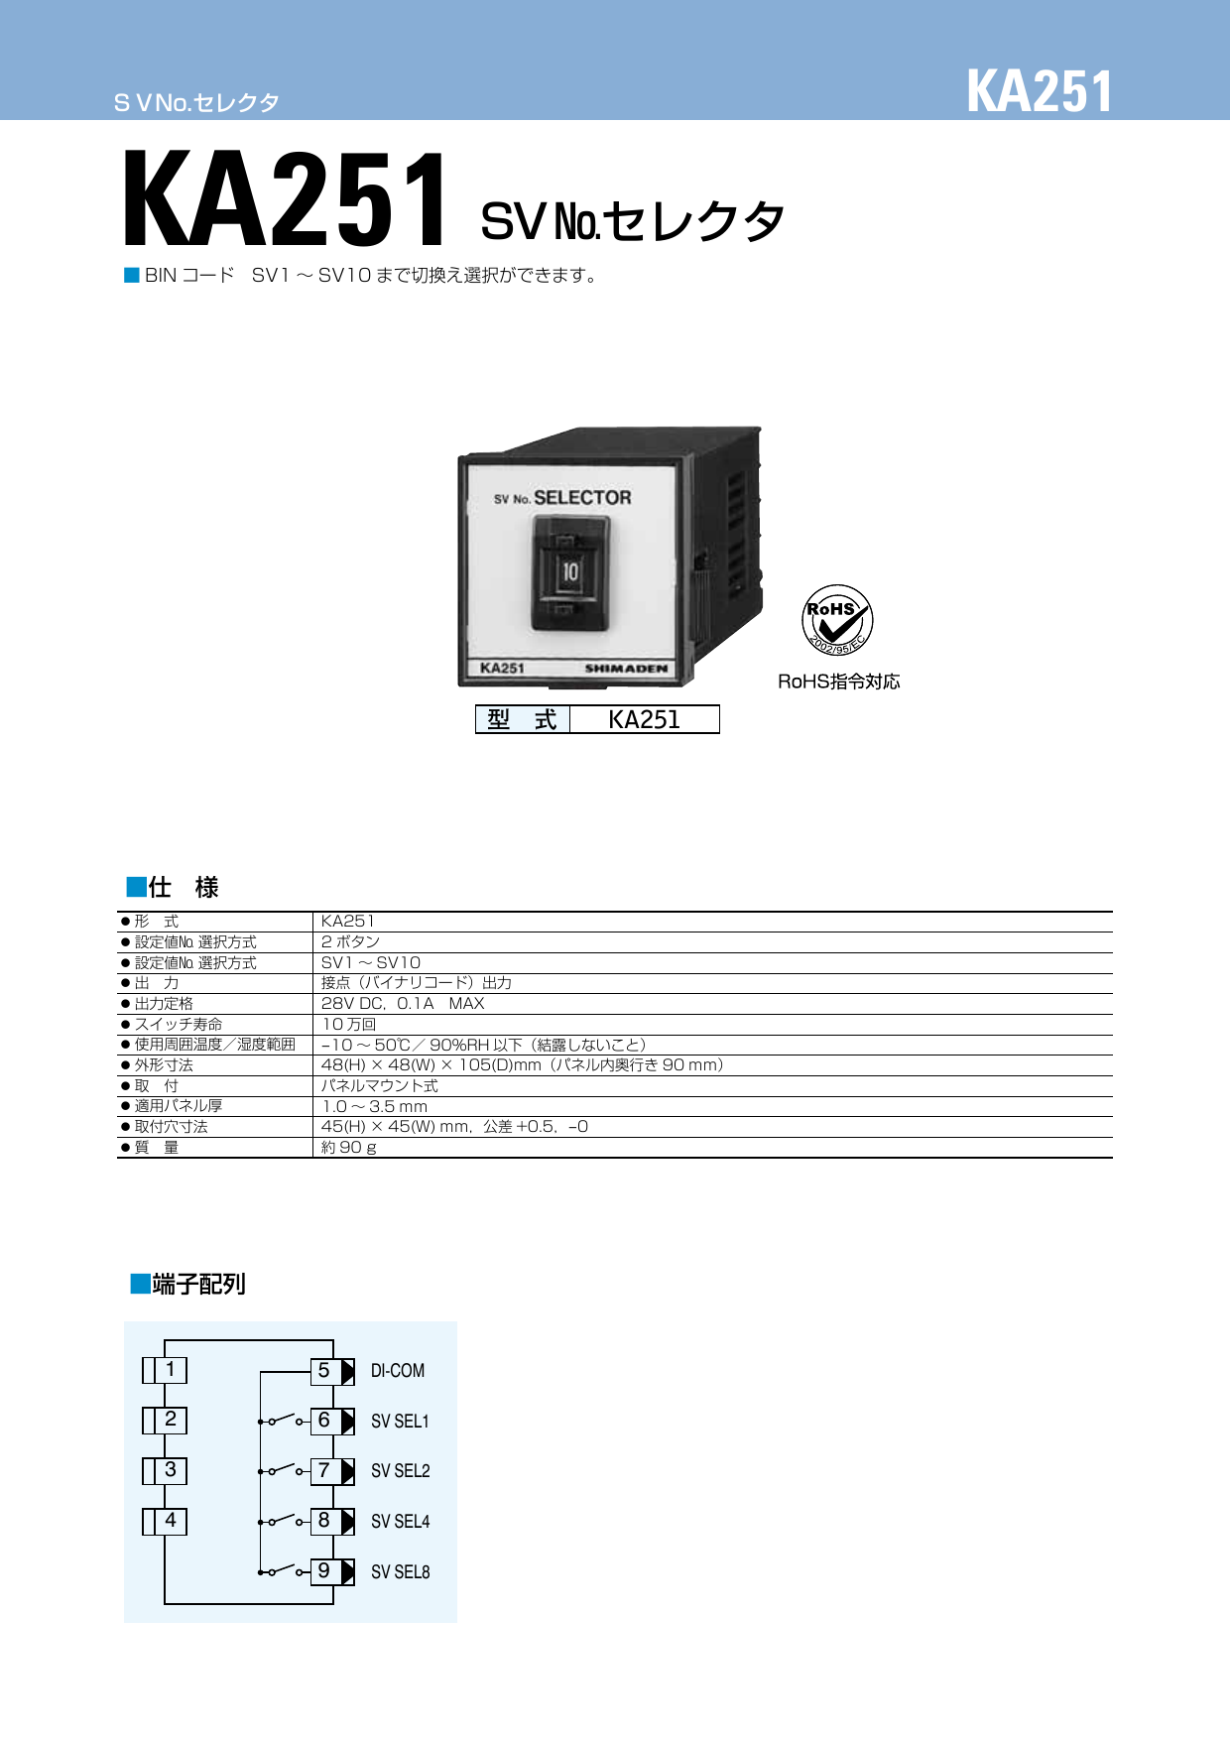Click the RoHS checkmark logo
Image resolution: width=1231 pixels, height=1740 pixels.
click(x=836, y=619)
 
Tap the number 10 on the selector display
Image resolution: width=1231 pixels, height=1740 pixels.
click(x=570, y=572)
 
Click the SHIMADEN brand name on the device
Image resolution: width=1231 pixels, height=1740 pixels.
click(x=626, y=669)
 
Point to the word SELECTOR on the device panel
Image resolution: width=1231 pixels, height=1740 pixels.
click(x=582, y=498)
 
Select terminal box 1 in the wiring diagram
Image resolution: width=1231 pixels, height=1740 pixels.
click(x=171, y=1370)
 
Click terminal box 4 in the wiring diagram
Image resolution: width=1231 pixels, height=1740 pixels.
click(x=171, y=1521)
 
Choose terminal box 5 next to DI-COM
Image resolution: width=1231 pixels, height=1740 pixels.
click(x=324, y=1371)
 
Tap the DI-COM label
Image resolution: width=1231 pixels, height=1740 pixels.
click(x=398, y=1371)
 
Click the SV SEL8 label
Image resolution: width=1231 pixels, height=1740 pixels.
click(x=401, y=1572)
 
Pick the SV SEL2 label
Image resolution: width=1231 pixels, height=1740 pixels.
click(x=401, y=1471)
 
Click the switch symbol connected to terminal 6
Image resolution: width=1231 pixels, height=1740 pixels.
click(x=284, y=1420)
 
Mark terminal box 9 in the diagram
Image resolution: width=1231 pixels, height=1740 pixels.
click(x=324, y=1571)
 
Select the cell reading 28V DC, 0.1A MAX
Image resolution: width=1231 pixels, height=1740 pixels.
click(x=403, y=1004)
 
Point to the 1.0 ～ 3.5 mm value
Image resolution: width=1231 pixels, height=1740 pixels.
click(x=375, y=1106)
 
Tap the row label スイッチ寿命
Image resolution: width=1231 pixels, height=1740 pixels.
click(x=179, y=1025)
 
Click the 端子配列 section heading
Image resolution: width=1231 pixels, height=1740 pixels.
click(x=198, y=1285)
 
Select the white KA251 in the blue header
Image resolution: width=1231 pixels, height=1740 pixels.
click(x=1040, y=92)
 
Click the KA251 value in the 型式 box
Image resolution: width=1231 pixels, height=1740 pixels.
click(x=644, y=720)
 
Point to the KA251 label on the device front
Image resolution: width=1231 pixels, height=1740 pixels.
click(x=502, y=669)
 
